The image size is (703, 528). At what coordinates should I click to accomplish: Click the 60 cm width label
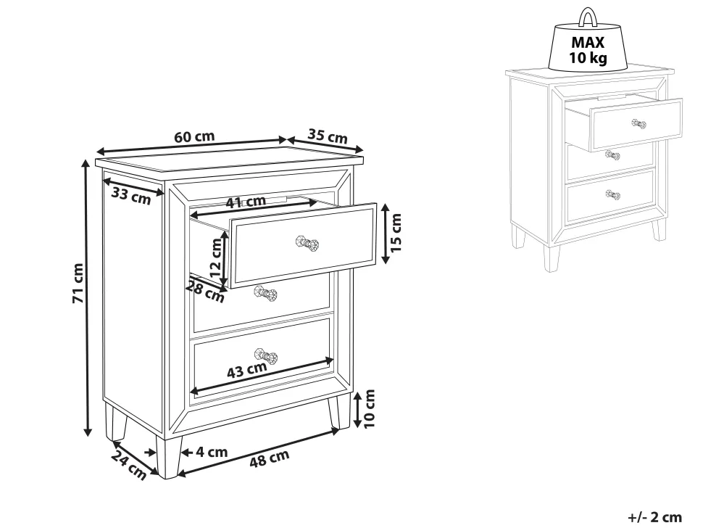coord(194,137)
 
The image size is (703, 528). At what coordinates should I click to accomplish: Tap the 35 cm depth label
coord(328,136)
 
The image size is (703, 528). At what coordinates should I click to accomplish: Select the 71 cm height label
coord(78,283)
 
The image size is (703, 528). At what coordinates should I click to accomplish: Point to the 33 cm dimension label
coord(131,196)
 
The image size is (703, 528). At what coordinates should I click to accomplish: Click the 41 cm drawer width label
coord(246,202)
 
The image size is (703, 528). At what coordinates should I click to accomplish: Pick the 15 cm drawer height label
coord(396,232)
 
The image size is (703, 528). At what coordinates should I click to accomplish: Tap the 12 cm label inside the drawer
coord(216,258)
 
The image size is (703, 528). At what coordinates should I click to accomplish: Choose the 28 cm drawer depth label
coord(205,291)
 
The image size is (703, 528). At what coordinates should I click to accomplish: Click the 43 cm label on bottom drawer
coord(246,370)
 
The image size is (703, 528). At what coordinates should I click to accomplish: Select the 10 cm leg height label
coord(369,408)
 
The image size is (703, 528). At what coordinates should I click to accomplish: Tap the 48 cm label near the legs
coord(269,458)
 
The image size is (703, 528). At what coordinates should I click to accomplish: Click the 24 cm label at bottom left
coord(129,465)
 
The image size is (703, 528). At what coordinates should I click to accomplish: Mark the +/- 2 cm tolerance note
coord(654,517)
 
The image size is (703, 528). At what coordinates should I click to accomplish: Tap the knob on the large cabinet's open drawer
coord(307,244)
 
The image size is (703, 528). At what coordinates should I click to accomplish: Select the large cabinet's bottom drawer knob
coord(266,355)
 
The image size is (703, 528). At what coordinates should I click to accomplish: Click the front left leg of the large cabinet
coord(168,457)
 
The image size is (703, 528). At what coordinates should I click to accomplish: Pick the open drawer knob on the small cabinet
coord(639,124)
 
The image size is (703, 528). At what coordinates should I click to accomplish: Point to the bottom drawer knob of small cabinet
coord(613,195)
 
